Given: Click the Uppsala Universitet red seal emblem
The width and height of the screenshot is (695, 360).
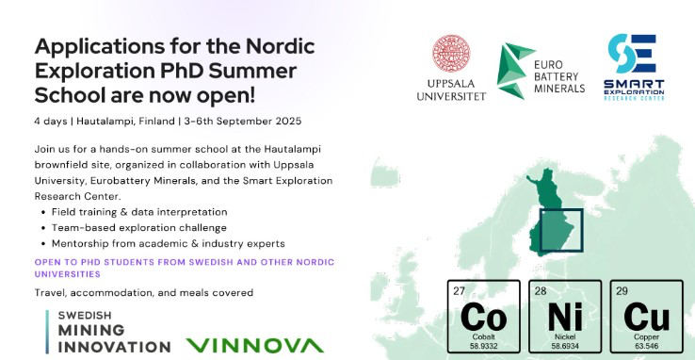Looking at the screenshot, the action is [x=451, y=54].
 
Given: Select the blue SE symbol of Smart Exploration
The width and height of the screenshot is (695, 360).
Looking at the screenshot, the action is [x=632, y=54].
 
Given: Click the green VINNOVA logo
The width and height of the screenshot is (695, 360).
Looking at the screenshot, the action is [x=254, y=345].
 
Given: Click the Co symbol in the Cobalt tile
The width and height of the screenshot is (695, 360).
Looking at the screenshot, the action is [x=483, y=317].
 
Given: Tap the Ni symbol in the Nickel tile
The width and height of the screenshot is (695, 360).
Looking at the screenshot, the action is [x=565, y=317].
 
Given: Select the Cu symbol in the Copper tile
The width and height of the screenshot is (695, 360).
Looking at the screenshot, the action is [x=647, y=317].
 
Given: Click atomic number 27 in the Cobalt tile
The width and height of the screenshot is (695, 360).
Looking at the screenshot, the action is [x=459, y=291].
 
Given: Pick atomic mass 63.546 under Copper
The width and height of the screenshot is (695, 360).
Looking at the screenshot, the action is [x=646, y=346].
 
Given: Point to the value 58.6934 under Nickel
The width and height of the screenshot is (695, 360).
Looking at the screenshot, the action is [x=565, y=346].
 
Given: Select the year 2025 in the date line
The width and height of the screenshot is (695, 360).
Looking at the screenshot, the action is [x=288, y=121].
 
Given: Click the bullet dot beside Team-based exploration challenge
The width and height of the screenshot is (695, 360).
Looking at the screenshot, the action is [x=43, y=228].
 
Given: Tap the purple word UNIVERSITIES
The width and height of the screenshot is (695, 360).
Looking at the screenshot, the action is [x=68, y=274].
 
